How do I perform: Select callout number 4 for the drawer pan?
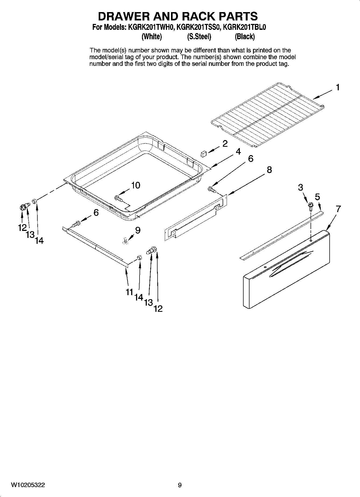(238, 152)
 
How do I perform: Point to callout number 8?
(269, 170)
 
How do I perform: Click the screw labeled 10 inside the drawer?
(118, 198)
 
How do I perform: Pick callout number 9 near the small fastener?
(138, 230)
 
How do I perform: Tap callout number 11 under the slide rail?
(130, 292)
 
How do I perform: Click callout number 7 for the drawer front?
(338, 209)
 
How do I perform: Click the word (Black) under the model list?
(244, 37)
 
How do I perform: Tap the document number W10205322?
(28, 485)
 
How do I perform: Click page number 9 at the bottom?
(180, 485)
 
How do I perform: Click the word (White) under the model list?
(152, 37)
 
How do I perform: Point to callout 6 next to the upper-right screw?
(250, 159)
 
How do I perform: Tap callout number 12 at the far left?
(22, 228)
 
